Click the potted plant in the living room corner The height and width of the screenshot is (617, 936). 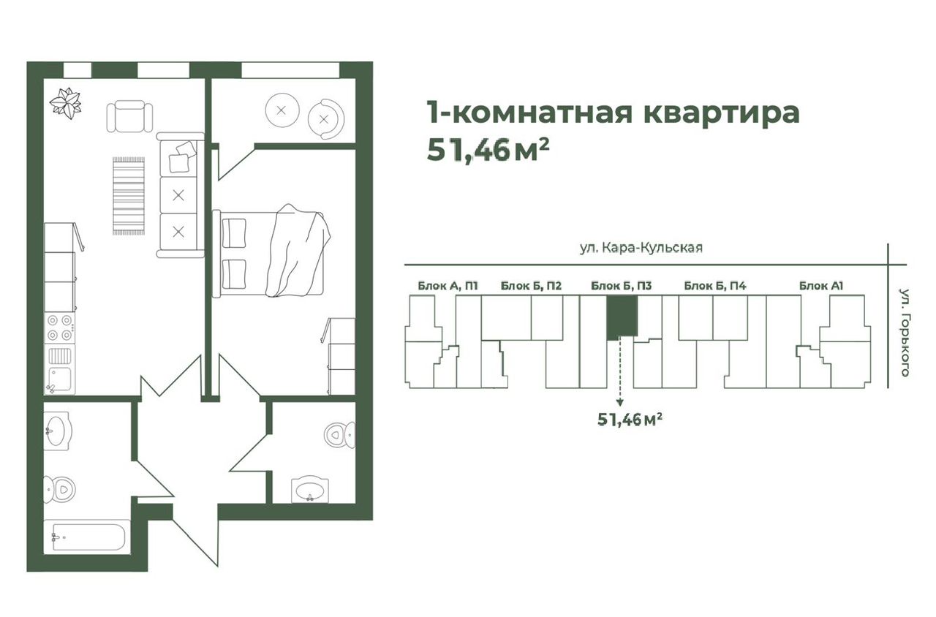66,103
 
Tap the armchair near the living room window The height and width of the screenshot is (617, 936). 129,116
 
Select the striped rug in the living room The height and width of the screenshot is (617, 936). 129,196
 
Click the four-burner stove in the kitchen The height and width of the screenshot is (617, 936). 60,328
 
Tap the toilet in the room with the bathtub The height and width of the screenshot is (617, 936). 59,490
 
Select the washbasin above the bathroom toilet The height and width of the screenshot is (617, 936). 58,431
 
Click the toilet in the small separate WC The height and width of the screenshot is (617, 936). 340,435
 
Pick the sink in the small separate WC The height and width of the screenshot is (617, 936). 309,490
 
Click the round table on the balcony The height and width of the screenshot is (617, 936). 282,110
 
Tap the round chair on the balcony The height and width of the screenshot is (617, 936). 326,119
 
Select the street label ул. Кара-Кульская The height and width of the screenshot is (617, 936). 641,248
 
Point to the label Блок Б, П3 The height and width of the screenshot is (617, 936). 621,286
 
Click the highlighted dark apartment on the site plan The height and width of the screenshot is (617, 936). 622,317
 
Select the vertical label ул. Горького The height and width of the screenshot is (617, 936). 905,333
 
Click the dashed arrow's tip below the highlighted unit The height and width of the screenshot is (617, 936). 620,406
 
